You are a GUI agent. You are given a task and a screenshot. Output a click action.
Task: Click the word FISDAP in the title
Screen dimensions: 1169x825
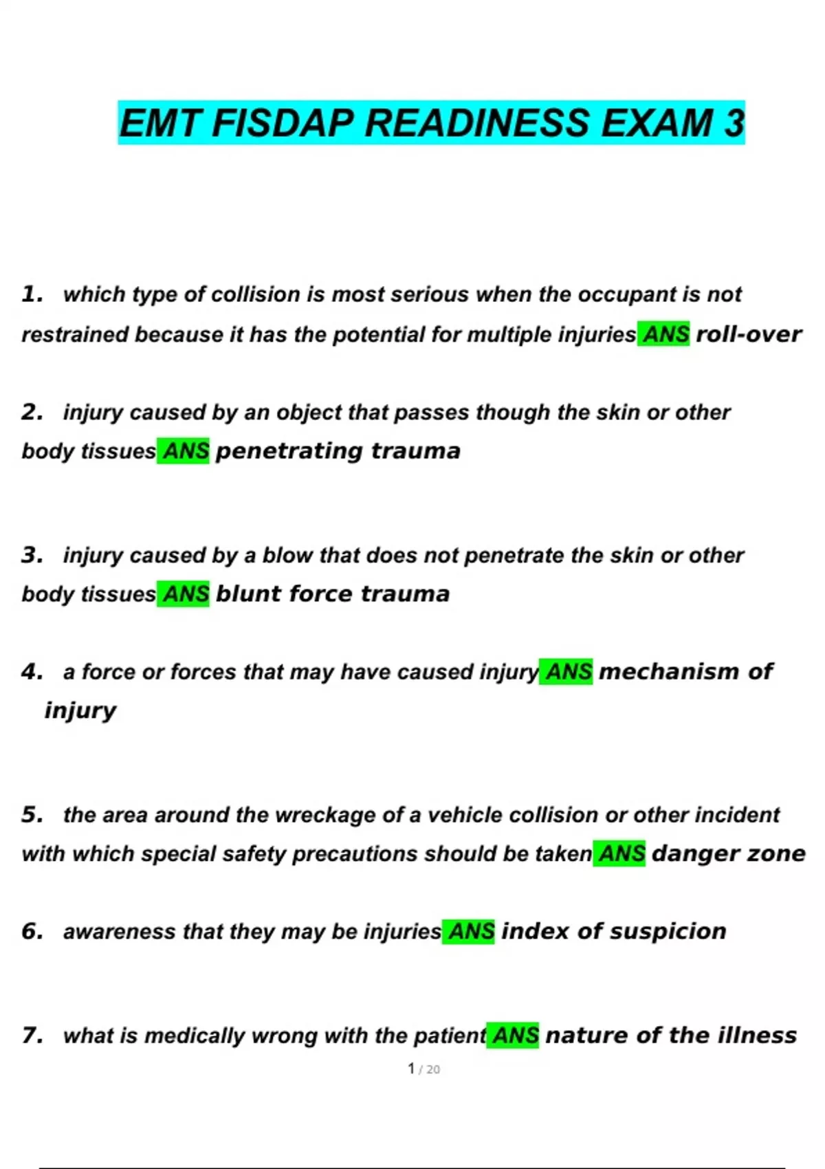(284, 124)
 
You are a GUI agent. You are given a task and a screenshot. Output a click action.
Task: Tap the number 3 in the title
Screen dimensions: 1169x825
(734, 124)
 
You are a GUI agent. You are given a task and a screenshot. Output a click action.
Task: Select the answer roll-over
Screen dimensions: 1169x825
(748, 335)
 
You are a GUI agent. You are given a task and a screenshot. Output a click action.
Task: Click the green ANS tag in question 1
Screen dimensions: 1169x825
(663, 335)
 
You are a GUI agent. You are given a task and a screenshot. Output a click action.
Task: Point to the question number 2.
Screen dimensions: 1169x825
(31, 413)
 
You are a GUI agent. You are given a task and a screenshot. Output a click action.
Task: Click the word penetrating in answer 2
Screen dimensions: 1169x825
(289, 452)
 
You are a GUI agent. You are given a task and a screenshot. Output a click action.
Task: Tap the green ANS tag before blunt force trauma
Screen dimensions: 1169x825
(184, 594)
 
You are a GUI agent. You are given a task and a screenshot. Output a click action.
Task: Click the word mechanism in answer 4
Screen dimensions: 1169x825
(668, 672)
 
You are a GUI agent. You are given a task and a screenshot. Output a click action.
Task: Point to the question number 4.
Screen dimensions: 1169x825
(31, 672)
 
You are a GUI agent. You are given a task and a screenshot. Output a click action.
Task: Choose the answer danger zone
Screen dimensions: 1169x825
(728, 854)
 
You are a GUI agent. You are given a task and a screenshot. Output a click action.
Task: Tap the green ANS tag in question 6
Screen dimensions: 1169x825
(469, 932)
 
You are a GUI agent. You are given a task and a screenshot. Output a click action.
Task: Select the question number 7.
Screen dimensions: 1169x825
(31, 1036)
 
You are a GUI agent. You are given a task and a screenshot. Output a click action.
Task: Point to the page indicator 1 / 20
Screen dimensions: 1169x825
(423, 1069)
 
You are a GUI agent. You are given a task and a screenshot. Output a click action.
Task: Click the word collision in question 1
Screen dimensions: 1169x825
(256, 295)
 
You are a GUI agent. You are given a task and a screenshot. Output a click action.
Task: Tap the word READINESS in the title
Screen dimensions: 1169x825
(476, 124)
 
